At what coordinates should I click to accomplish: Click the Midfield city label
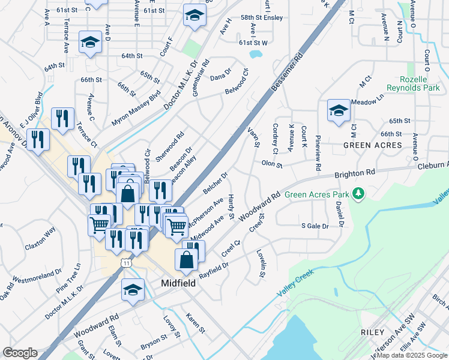pos(178,283)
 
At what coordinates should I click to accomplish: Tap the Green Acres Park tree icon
pos(358,193)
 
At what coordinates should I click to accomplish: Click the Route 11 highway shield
pos(126,263)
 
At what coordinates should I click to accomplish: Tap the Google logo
pos(20,353)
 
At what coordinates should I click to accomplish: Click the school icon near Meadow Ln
pos(339,110)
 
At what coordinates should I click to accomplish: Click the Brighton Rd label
pos(354,174)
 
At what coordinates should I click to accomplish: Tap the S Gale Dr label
pos(315,226)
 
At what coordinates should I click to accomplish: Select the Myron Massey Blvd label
pos(136,107)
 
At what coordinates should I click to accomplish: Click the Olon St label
pos(272,163)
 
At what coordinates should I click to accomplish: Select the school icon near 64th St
pos(90,42)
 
